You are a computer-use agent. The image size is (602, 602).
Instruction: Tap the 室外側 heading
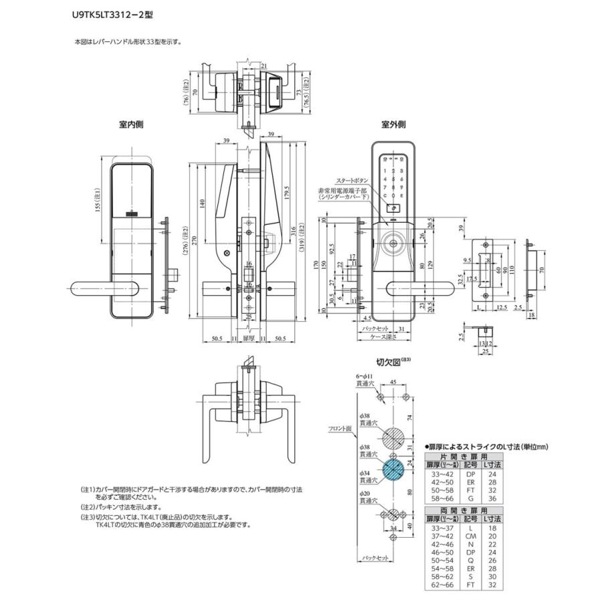pyautogui.click(x=394, y=124)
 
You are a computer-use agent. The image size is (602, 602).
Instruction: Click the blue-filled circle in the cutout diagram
pyautogui.click(x=393, y=470)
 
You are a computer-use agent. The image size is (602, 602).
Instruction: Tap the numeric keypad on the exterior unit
pyautogui.click(x=394, y=178)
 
